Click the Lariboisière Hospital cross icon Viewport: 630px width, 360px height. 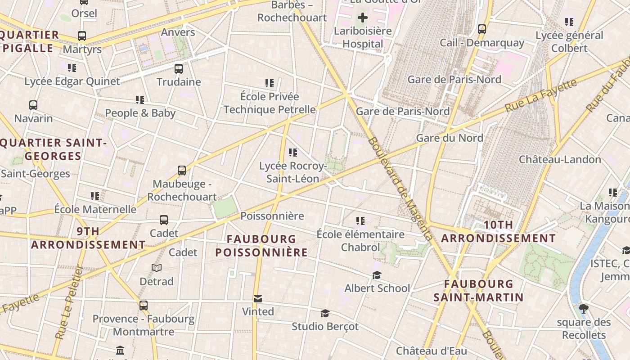363,18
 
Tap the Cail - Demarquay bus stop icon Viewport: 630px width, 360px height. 482,29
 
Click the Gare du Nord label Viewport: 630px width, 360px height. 450,138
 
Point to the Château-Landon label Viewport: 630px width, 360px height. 560,159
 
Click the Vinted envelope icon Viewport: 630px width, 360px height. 258,299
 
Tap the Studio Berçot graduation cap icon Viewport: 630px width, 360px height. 325,313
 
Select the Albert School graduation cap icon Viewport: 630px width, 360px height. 377,275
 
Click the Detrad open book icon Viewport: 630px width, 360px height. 157,268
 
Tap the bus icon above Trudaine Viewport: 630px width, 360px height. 179,69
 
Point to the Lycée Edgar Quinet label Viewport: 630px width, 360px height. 72,81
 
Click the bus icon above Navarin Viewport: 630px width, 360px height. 33,105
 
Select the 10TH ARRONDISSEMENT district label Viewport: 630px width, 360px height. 498,231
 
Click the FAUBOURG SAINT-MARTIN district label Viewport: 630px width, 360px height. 478,290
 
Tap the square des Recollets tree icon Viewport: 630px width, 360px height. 584,309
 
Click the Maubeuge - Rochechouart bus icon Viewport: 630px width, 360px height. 182,171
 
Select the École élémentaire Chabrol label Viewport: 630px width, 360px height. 360,241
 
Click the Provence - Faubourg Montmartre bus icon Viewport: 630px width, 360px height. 144,306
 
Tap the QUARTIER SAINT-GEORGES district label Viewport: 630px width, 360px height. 53,149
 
